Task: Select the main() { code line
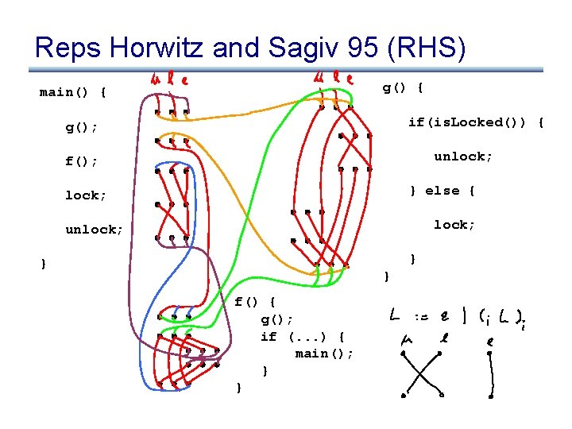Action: click(x=73, y=92)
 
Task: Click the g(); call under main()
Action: click(x=82, y=127)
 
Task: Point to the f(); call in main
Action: click(x=82, y=161)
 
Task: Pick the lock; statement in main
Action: click(x=86, y=195)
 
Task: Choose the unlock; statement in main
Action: click(x=94, y=230)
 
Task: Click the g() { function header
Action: click(x=403, y=87)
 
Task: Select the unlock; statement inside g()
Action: click(x=463, y=157)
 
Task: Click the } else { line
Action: click(x=442, y=191)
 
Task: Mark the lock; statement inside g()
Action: click(x=454, y=225)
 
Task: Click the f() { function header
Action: click(x=255, y=302)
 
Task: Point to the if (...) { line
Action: click(x=303, y=336)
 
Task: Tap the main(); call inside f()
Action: click(x=324, y=354)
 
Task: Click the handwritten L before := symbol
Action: click(x=395, y=316)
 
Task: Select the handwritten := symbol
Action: click(x=419, y=317)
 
